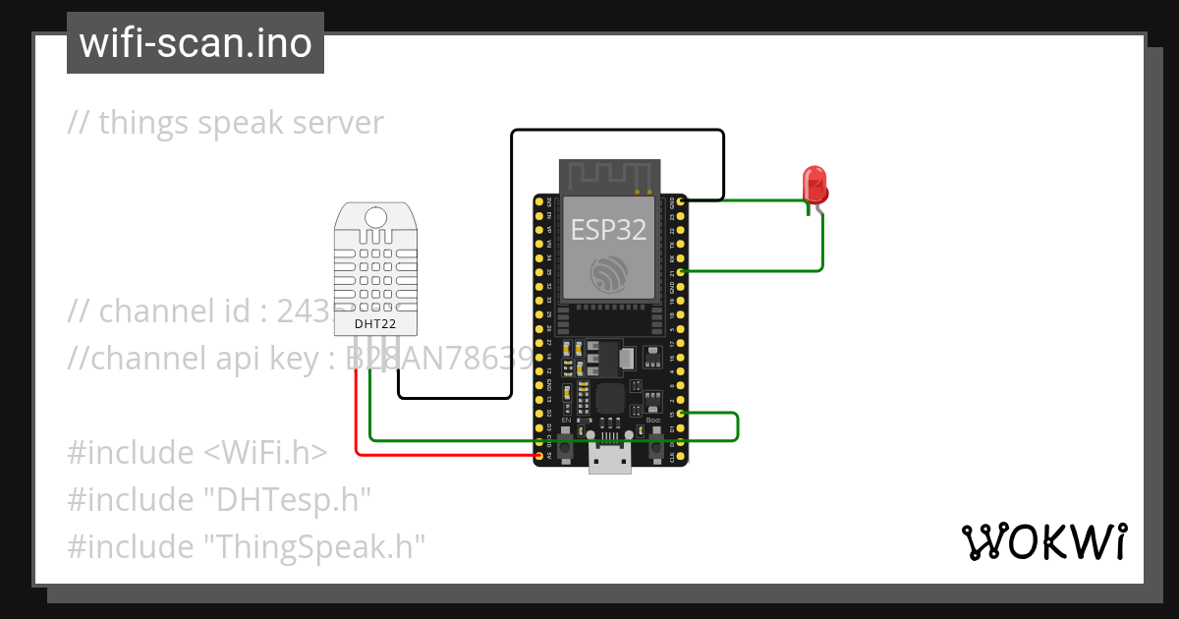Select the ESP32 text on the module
609,230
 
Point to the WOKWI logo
1043,542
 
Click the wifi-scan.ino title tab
196,43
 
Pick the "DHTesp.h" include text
287,499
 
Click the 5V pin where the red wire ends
538,456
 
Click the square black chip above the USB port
611,398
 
